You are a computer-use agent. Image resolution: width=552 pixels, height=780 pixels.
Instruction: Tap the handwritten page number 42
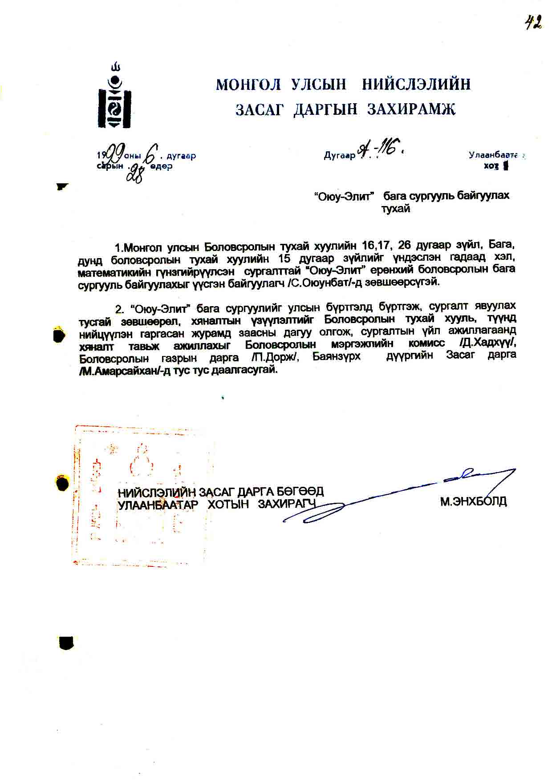533,22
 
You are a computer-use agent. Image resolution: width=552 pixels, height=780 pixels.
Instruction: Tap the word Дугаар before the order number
339,156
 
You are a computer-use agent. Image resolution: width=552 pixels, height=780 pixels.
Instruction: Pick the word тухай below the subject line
395,209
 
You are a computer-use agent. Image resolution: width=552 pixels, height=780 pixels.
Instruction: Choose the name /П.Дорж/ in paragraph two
274,357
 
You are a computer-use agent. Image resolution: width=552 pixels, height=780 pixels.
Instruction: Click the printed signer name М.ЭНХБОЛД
473,502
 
